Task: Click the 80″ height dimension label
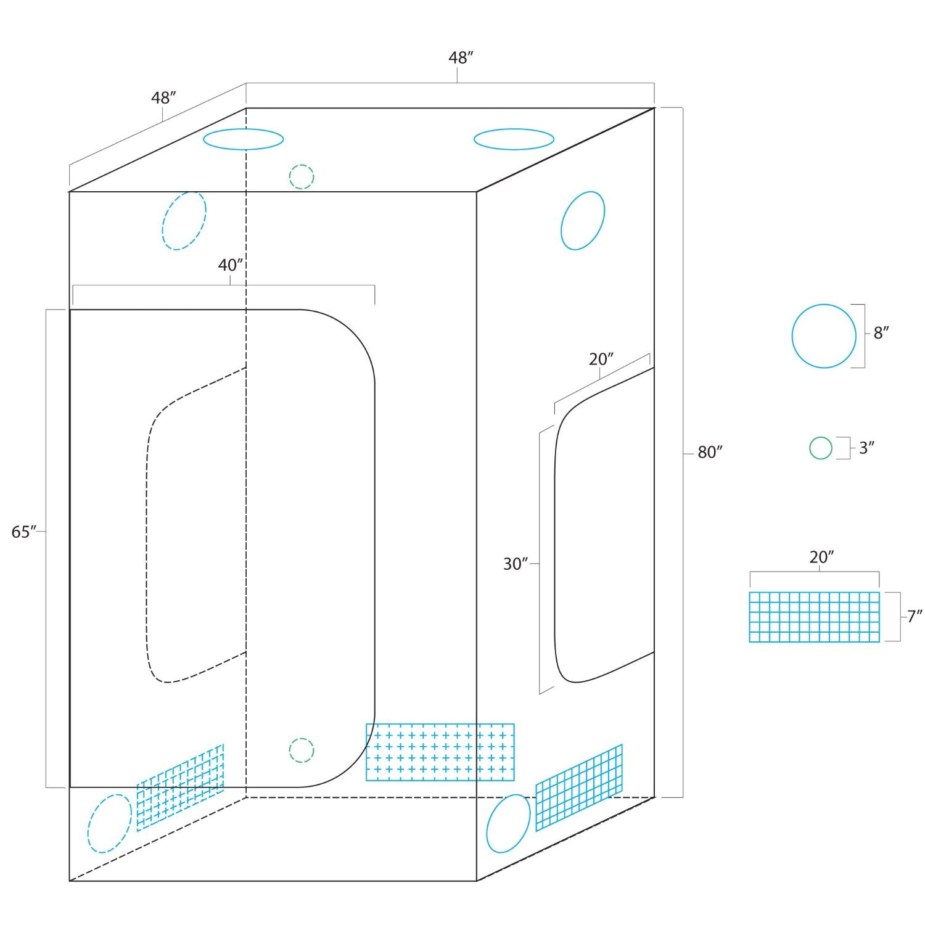[x=710, y=453]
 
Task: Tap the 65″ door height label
[x=24, y=532]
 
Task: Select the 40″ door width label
[x=231, y=265]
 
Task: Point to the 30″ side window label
[x=516, y=564]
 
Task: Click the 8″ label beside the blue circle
[x=881, y=333]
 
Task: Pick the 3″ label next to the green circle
[x=867, y=448]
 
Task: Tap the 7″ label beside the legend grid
[x=915, y=616]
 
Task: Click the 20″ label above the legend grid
[x=821, y=557]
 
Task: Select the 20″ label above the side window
[x=601, y=359]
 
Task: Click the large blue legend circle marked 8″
[x=824, y=336]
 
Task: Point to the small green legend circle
[x=821, y=448]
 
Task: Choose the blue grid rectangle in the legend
[x=814, y=617]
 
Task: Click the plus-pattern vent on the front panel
[x=440, y=752]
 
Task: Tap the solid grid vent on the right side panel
[x=578, y=787]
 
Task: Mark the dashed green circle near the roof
[x=302, y=177]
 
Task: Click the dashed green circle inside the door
[x=302, y=750]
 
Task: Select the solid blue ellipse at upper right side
[x=583, y=221]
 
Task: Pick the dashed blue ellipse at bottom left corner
[x=110, y=824]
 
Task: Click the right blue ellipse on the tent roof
[x=514, y=139]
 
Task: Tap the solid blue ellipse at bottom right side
[x=509, y=823]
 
